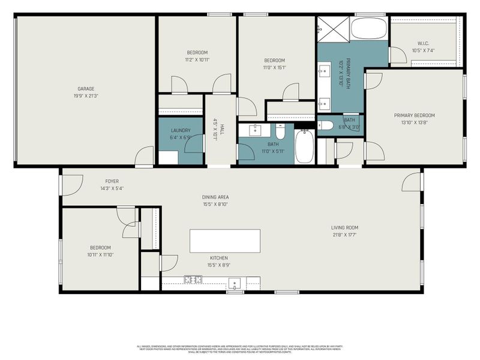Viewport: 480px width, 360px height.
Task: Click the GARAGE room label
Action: [x=86, y=89]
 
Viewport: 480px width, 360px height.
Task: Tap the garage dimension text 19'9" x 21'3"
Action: [x=86, y=95]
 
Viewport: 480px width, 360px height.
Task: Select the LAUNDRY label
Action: [x=180, y=130]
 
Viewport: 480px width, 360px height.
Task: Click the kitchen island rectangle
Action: [x=225, y=241]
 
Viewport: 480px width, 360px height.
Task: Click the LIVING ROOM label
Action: [x=344, y=227]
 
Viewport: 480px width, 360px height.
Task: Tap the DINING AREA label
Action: [x=215, y=197]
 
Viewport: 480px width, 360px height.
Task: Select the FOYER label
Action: [x=112, y=181]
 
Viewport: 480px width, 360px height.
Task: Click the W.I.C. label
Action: [x=424, y=43]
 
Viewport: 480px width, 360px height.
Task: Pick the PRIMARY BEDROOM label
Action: [x=414, y=115]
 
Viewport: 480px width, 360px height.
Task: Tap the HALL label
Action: [x=221, y=130]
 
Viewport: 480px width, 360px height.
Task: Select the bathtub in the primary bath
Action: [x=368, y=28]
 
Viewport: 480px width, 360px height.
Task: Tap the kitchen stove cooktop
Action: [x=193, y=279]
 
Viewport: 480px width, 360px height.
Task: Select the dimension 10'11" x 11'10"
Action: [x=100, y=254]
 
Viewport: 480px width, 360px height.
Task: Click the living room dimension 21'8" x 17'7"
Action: [x=344, y=235]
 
